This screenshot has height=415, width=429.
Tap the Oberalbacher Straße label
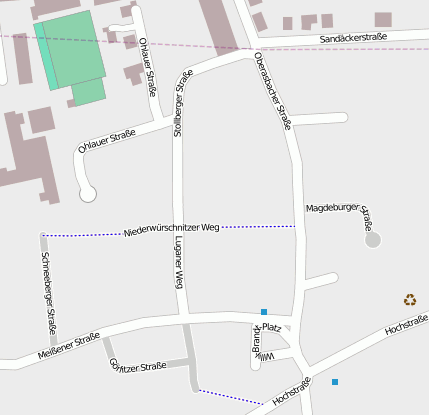pyautogui.click(x=272, y=91)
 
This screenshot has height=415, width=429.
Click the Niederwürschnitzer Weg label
pyautogui.click(x=171, y=230)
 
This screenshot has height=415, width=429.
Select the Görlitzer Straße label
pyautogui.click(x=137, y=367)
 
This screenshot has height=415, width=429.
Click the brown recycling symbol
pyautogui.click(x=410, y=299)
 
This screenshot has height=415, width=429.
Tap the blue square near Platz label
pyautogui.click(x=264, y=312)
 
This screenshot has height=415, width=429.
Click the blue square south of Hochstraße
pyautogui.click(x=335, y=382)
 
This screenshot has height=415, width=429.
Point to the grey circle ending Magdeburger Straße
pyautogui.click(x=373, y=240)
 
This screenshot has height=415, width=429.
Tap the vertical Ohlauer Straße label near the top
pyautogui.click(x=148, y=61)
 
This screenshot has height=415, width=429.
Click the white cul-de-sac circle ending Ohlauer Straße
pyautogui.click(x=88, y=194)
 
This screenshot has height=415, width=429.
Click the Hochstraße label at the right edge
pyautogui.click(x=405, y=325)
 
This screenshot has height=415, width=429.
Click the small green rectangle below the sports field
pyautogui.click(x=88, y=92)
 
